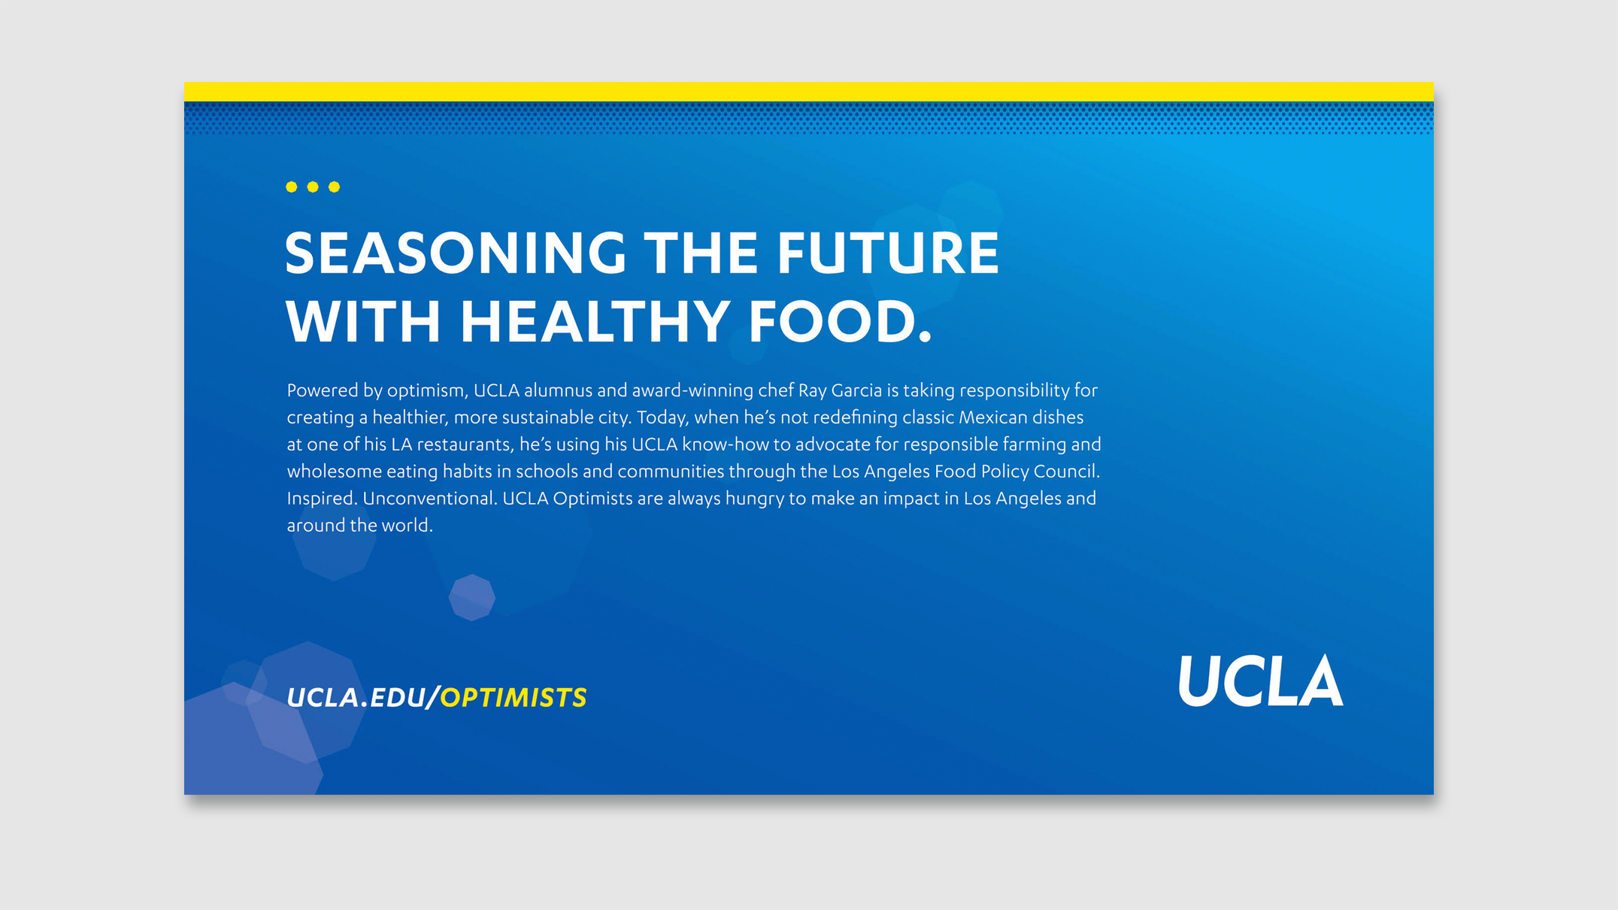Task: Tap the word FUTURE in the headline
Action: point(887,253)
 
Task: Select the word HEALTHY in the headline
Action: point(594,321)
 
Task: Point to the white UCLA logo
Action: point(1261,680)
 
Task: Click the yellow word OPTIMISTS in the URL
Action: point(514,698)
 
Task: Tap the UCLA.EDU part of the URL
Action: point(356,698)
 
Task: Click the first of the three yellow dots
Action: point(292,187)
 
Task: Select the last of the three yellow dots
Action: point(335,187)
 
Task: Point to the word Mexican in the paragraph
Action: point(992,417)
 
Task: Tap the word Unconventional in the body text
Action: point(428,499)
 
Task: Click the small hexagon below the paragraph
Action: point(471,598)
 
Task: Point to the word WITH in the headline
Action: point(362,321)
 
